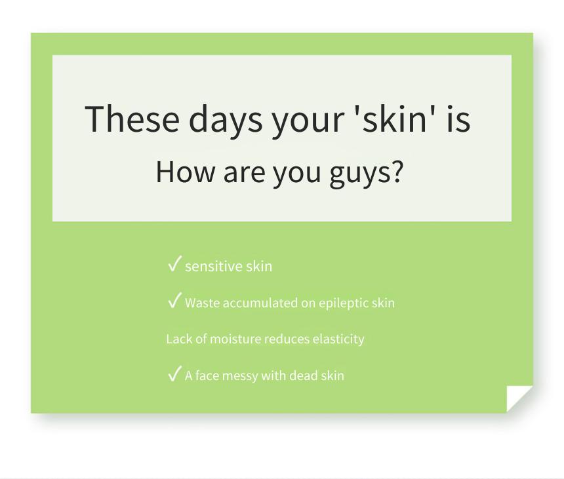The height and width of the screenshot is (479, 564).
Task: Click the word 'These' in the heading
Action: click(132, 118)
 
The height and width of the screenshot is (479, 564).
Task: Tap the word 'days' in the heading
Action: click(226, 121)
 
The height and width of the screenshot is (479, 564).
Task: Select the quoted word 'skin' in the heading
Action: click(395, 118)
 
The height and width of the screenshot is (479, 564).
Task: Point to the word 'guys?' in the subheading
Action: click(366, 174)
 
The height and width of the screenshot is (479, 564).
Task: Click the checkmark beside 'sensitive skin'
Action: click(174, 263)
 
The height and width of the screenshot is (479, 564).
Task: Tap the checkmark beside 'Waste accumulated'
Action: click(174, 300)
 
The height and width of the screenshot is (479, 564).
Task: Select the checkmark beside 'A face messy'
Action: click(174, 373)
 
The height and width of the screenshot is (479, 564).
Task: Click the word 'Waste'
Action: click(202, 303)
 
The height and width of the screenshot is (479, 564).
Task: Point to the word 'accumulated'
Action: click(260, 303)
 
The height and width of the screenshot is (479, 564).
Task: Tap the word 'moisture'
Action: click(235, 339)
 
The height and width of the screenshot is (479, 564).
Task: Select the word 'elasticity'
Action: click(338, 339)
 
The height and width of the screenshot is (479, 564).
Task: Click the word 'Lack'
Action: click(179, 339)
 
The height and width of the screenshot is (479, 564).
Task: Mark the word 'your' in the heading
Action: click(308, 122)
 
